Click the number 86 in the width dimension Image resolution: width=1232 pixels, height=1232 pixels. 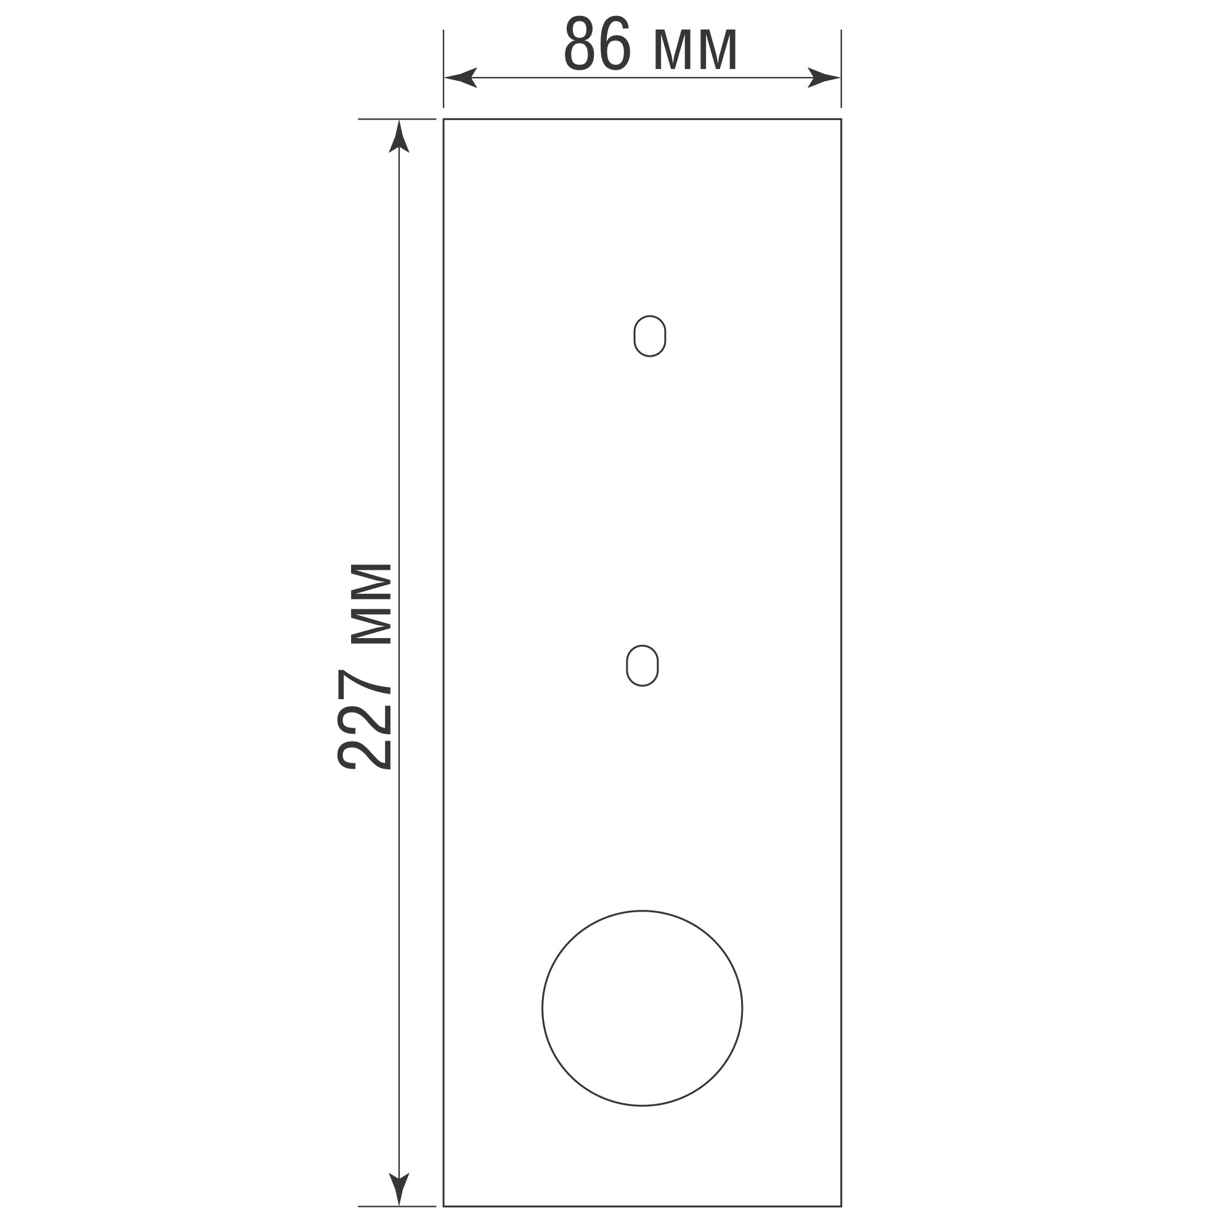click(598, 43)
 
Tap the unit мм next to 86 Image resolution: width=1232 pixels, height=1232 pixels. click(695, 50)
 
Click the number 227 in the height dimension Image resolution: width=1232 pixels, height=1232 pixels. click(364, 720)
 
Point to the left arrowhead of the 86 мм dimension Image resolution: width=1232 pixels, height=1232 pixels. click(460, 78)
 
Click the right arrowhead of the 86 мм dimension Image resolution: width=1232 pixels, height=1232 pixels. click(824, 78)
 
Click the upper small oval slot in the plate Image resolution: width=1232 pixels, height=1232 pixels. click(650, 336)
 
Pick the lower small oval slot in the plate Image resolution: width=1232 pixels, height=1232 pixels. click(642, 666)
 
